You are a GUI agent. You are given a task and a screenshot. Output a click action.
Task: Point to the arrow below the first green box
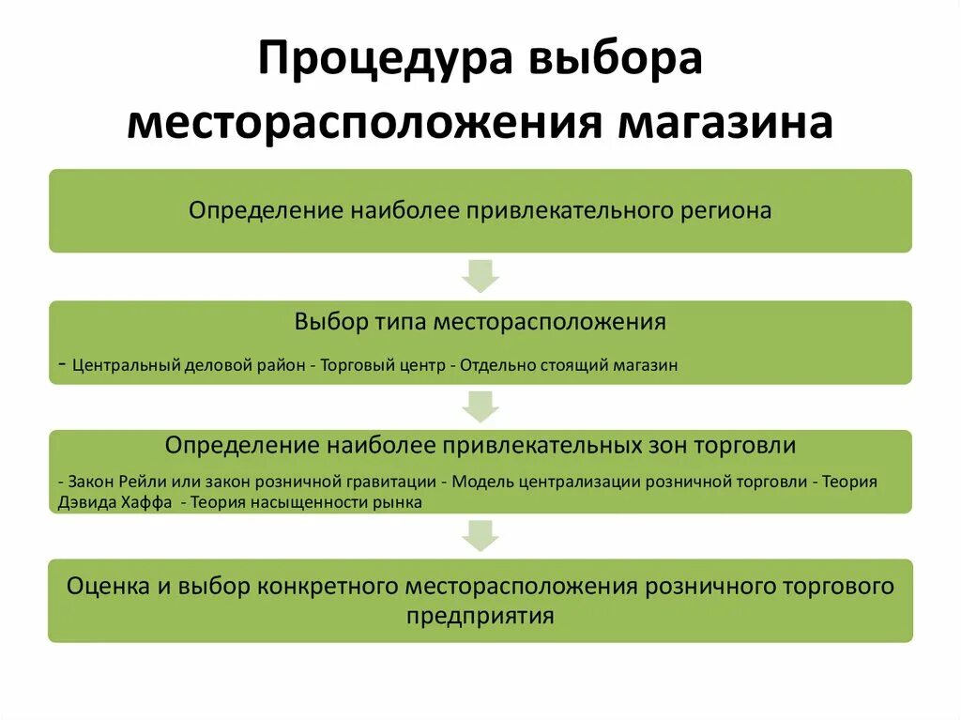480,276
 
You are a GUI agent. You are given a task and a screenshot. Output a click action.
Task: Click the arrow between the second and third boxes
480,406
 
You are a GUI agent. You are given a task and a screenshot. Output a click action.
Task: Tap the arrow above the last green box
480,535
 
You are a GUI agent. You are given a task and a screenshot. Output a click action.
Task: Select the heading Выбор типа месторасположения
480,322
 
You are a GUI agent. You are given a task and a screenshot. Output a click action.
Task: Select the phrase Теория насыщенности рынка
307,502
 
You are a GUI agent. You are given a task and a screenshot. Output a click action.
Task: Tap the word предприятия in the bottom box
480,617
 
